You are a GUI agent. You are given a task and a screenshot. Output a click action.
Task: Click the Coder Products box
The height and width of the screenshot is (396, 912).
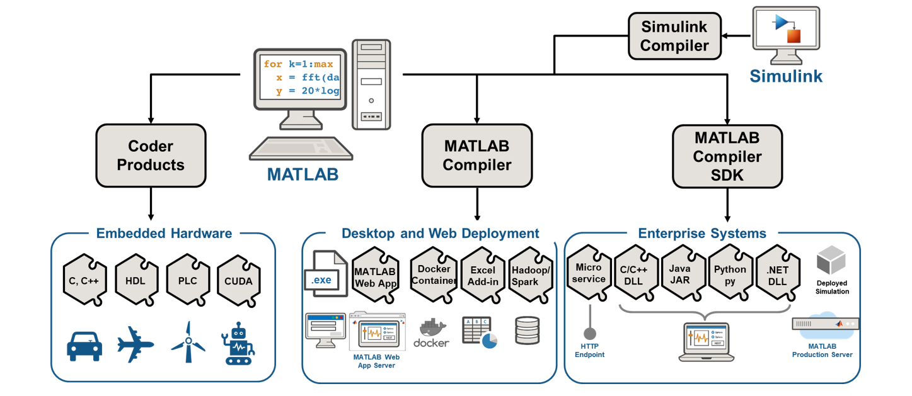pyautogui.click(x=151, y=156)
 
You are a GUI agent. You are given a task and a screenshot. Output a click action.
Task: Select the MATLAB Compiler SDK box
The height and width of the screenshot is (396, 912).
pyautogui.click(x=727, y=156)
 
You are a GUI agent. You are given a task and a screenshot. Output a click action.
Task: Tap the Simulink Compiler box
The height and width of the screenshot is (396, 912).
pyautogui.click(x=674, y=37)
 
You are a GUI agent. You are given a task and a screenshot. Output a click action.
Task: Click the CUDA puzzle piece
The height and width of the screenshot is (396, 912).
pyautogui.click(x=238, y=281)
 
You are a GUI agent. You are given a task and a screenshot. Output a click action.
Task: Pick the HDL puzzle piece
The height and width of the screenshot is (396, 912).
pyautogui.click(x=136, y=281)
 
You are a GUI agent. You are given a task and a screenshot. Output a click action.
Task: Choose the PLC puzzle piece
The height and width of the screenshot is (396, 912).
pyautogui.click(x=187, y=281)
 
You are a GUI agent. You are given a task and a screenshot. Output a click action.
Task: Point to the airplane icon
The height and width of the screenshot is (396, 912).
pyautogui.click(x=136, y=344)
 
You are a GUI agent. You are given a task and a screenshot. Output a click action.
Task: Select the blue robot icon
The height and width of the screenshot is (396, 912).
pyautogui.click(x=238, y=344)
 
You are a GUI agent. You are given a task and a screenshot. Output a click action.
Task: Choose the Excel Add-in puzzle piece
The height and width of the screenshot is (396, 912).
pyautogui.click(x=483, y=276)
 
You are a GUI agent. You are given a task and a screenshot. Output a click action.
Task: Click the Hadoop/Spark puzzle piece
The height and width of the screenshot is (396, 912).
pyautogui.click(x=531, y=276)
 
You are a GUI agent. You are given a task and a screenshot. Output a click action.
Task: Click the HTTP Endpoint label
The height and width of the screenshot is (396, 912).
pyautogui.click(x=589, y=351)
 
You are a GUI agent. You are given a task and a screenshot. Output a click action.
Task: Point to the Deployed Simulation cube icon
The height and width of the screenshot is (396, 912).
pyautogui.click(x=831, y=260)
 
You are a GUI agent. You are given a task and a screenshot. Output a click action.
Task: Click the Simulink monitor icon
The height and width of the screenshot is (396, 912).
pyautogui.click(x=786, y=35)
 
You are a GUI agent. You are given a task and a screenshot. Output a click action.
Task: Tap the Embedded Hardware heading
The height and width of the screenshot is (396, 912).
pyautogui.click(x=164, y=234)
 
